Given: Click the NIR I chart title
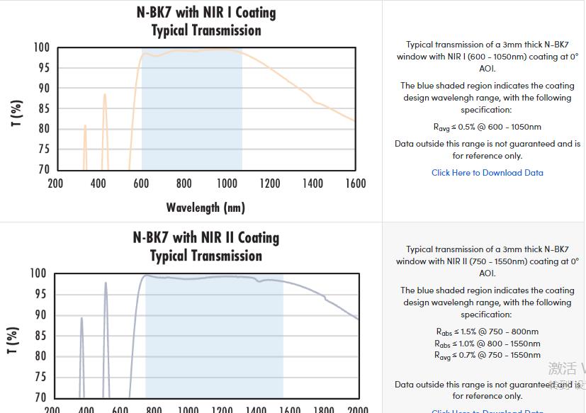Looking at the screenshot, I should [x=205, y=21].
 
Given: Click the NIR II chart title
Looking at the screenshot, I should [x=205, y=247].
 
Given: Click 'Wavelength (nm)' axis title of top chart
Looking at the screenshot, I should [x=205, y=208].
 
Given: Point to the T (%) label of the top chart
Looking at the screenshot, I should [x=16, y=113].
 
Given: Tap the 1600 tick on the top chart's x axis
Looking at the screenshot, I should [x=356, y=183].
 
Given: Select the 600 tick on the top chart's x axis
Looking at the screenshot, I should [x=142, y=183].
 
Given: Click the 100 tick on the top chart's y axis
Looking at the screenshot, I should [x=42, y=47].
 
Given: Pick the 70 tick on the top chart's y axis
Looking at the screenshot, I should [x=43, y=169].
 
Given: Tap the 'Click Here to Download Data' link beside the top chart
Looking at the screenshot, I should [x=488, y=172].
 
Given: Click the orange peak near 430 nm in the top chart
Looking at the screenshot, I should [x=105, y=95].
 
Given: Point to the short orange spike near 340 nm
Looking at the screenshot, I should [x=85, y=127].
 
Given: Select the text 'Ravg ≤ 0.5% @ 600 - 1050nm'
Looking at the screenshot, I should [x=488, y=128].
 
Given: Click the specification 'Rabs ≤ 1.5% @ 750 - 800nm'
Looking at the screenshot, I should [x=488, y=332].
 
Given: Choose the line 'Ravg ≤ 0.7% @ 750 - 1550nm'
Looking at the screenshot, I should [x=488, y=356].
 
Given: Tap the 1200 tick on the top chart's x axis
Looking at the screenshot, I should [x=270, y=183].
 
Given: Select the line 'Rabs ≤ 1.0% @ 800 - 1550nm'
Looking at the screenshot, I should [x=488, y=344].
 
